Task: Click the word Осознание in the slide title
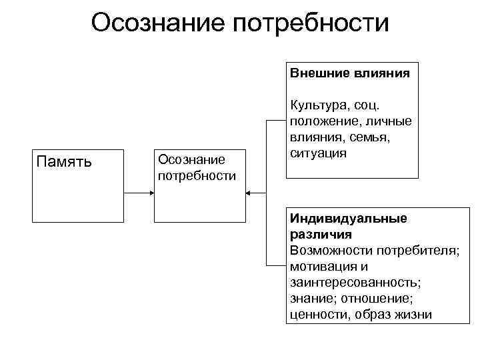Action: [158, 23]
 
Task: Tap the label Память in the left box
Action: [64, 162]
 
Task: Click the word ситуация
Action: [318, 153]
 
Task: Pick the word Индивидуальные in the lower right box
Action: [348, 219]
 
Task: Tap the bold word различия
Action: [321, 235]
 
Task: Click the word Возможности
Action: [331, 251]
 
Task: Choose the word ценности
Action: [317, 315]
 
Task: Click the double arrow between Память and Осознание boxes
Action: [140, 193]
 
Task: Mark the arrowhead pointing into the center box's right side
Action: [248, 193]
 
